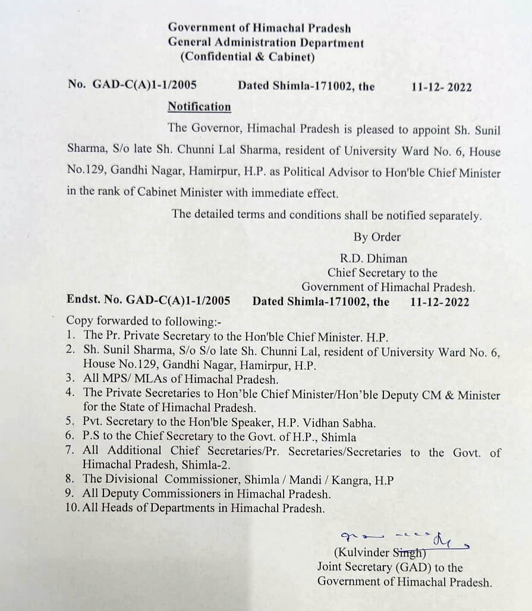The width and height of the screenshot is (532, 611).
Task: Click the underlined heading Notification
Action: [x=199, y=107]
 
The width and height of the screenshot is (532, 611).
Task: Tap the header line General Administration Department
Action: [x=266, y=43]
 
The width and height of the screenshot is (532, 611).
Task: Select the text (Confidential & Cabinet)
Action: [x=247, y=58]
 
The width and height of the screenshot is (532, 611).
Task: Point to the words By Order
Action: [x=377, y=237]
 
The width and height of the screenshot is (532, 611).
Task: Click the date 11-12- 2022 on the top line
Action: [x=441, y=87]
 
